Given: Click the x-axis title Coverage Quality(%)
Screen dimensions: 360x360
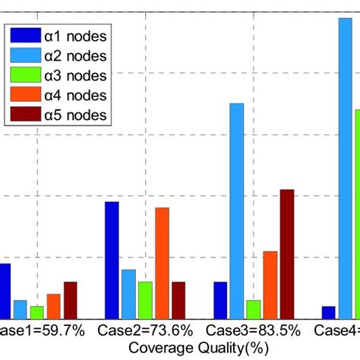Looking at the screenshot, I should coord(199,348).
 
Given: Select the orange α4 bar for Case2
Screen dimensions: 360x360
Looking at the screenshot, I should coord(162,263).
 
